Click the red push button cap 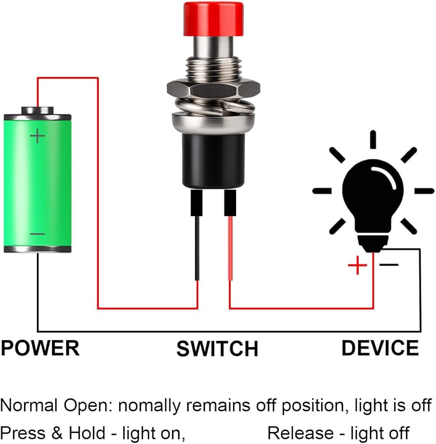[x=213, y=19]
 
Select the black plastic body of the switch [x=214, y=160]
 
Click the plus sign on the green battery [x=38, y=135]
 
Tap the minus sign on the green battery [x=37, y=234]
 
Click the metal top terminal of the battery [x=38, y=110]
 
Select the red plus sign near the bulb [x=357, y=266]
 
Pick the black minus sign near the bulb [x=389, y=265]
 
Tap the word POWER [x=40, y=348]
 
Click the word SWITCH [x=217, y=349]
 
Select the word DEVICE [x=380, y=348]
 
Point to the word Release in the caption [x=300, y=433]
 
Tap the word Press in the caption [x=20, y=433]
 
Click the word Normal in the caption [x=29, y=405]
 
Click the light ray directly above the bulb [x=373, y=139]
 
